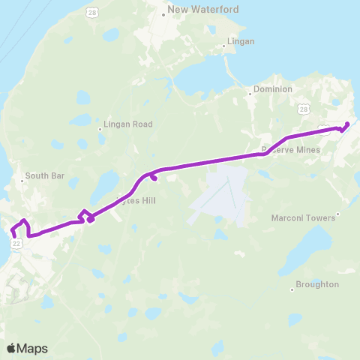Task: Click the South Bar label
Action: click(x=45, y=176)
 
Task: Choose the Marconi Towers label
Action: click(x=304, y=217)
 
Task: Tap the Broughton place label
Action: click(x=317, y=285)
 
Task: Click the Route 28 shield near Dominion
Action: click(x=303, y=109)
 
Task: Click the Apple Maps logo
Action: click(x=27, y=348)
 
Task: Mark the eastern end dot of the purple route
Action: click(x=347, y=124)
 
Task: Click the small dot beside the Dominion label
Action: click(x=250, y=94)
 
